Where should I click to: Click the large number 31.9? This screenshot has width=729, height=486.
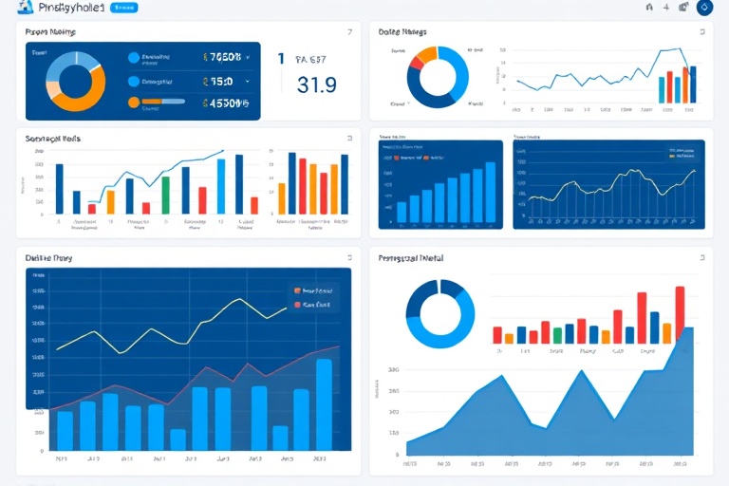317,84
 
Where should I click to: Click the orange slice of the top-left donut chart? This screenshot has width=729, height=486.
78,95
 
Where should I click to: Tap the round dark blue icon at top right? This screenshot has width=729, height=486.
704,8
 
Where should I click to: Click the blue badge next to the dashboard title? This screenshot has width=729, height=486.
123,8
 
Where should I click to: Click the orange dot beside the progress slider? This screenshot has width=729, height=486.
133,103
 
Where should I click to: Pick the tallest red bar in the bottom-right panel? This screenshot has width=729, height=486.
680,313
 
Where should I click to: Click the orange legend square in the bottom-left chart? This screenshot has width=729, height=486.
297,290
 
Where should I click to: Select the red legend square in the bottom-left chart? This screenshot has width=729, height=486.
297,305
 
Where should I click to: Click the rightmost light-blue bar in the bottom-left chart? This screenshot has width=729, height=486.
324,403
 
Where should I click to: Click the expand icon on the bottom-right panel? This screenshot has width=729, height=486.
703,256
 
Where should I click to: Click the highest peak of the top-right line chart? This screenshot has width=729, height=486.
676,48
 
